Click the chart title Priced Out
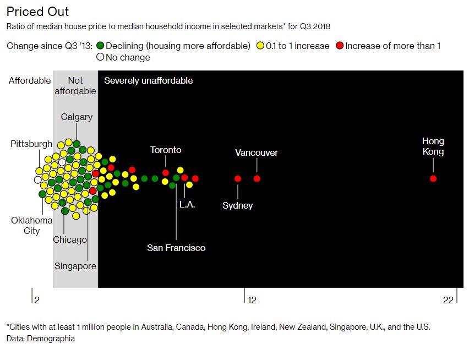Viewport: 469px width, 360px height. click(38, 12)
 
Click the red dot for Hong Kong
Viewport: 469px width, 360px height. click(433, 178)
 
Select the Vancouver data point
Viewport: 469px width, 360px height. click(257, 178)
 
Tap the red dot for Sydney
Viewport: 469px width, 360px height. click(238, 178)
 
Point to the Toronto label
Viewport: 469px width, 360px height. click(166, 150)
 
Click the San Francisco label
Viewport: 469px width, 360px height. click(176, 248)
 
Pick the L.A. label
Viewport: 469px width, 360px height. click(187, 204)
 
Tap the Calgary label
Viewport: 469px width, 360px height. click(77, 117)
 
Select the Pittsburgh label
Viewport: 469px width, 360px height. click(31, 144)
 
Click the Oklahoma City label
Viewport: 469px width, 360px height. click(31, 225)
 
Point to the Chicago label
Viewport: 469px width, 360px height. click(70, 239)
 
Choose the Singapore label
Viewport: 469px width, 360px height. click(75, 266)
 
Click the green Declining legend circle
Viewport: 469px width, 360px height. click(100, 46)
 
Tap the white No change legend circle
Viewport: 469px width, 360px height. click(100, 57)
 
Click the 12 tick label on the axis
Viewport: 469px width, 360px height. click(252, 300)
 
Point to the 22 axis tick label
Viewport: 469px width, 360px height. click(448, 300)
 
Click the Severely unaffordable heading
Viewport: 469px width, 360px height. click(148, 80)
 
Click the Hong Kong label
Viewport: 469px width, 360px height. click(433, 146)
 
